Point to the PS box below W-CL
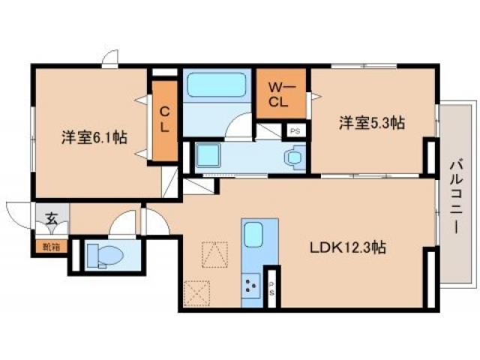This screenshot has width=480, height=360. [295, 130]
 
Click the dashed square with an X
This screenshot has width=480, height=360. [199, 292]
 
